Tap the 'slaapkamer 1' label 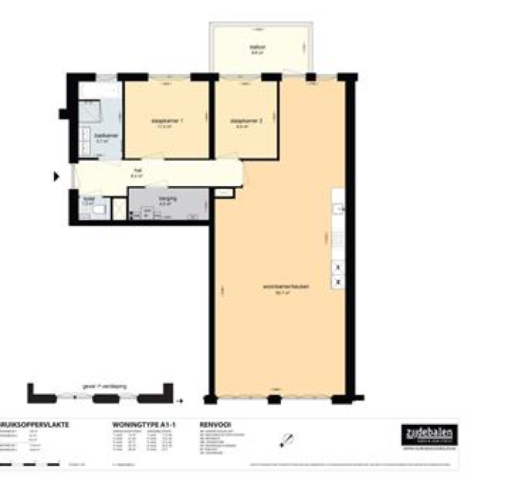click(167, 121)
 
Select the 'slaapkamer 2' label click(246, 121)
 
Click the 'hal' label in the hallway click(137, 171)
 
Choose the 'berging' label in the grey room click(167, 198)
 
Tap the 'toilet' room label click(87, 200)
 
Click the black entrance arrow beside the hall click(57, 177)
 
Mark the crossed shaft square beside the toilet click(120, 208)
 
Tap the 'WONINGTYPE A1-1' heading click(144, 425)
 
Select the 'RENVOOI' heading click(215, 425)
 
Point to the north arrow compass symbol click(288, 441)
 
